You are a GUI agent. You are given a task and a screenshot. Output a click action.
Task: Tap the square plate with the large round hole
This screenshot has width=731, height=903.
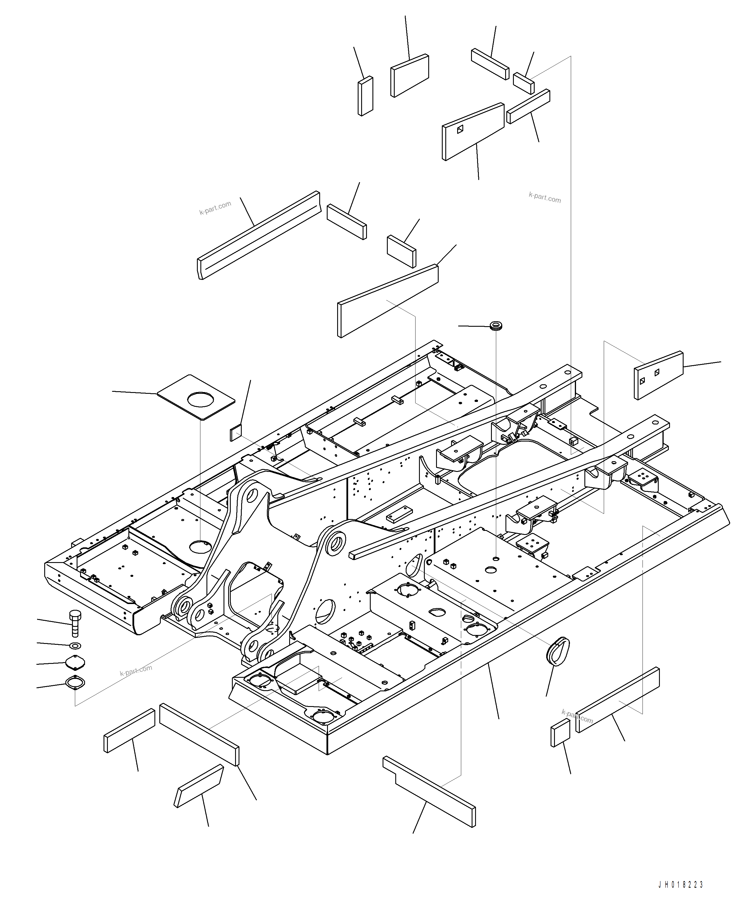pyautogui.click(x=196, y=397)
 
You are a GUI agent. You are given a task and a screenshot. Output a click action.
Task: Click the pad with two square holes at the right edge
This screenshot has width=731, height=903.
pyautogui.click(x=658, y=375)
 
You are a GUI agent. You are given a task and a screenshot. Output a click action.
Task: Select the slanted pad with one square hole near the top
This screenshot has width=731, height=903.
pyautogui.click(x=473, y=131)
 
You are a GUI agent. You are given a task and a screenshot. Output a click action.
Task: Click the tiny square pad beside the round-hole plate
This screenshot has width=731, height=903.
pyautogui.click(x=236, y=433)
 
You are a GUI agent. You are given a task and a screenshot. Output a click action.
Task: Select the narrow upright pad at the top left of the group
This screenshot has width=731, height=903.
pyautogui.click(x=365, y=96)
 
